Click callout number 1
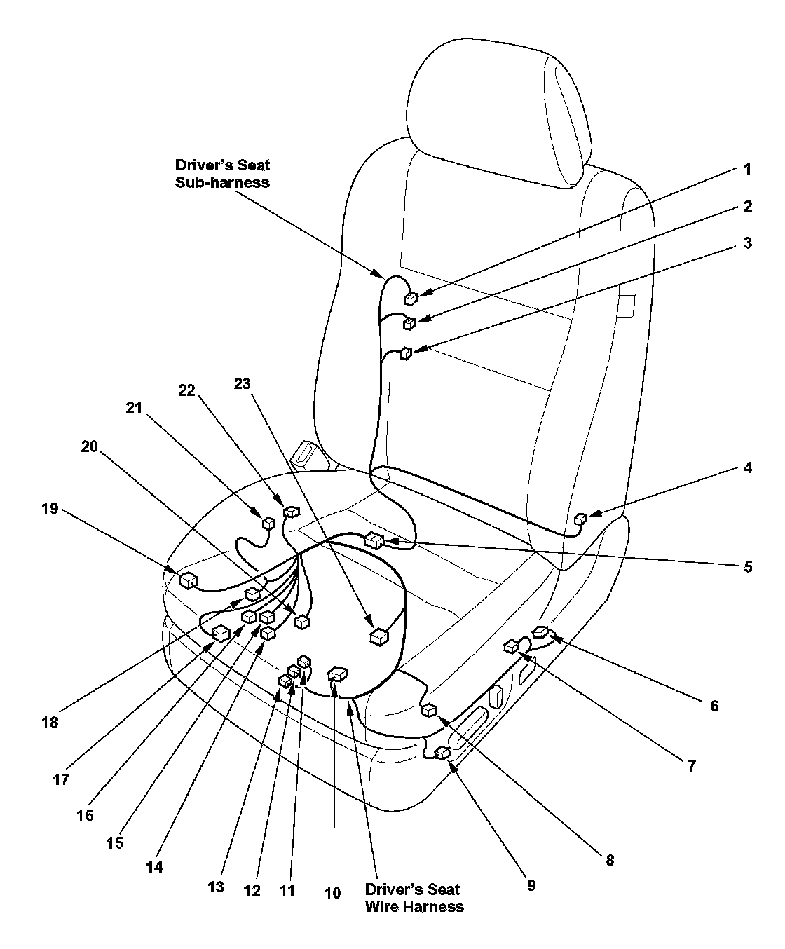tap(747, 169)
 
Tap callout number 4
tap(747, 467)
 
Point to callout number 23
tap(243, 383)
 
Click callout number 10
tap(333, 892)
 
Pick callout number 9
tap(531, 885)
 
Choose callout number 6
tap(714, 705)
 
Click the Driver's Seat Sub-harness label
tap(222, 174)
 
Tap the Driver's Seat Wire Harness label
tap(414, 897)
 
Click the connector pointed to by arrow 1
tap(411, 299)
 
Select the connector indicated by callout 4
tap(580, 519)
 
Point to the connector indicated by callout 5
tap(374, 540)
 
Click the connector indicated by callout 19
tap(187, 580)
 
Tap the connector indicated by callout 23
tap(378, 636)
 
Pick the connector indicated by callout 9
tap(442, 753)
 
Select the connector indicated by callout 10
tap(337, 674)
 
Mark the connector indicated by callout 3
tap(405, 354)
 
